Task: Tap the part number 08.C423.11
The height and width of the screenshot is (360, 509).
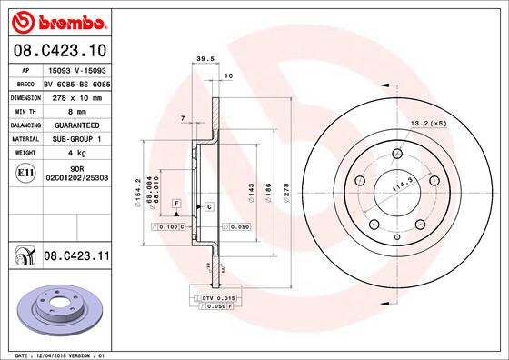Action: tap(76, 258)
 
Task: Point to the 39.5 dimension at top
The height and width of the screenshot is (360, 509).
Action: tap(205, 61)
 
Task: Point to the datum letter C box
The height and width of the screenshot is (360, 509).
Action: tap(209, 207)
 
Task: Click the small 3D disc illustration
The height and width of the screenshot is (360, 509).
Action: tap(56, 305)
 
